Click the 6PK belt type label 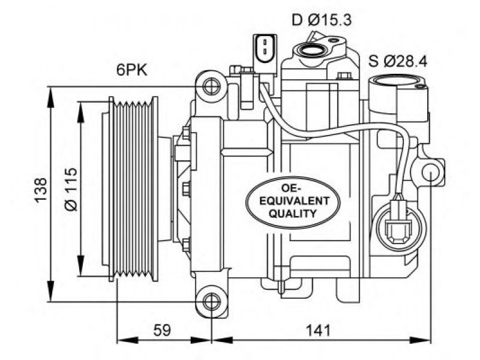(x=132, y=70)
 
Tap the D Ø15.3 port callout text (x=322, y=20)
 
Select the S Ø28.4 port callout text (x=398, y=62)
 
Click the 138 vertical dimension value (x=41, y=190)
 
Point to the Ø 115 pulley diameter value (x=71, y=189)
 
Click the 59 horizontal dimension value (x=162, y=331)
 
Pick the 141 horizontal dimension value (x=319, y=331)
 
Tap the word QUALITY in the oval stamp (x=292, y=214)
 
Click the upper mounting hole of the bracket (x=212, y=86)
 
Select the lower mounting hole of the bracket (x=212, y=302)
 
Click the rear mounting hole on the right (x=430, y=172)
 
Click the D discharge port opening (x=312, y=49)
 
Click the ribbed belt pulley (x=133, y=189)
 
